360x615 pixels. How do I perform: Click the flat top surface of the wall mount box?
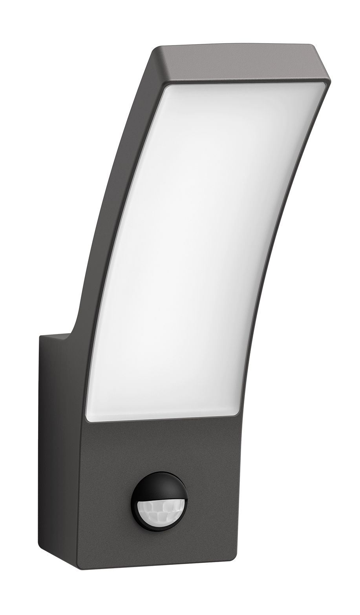click(x=55, y=338)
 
